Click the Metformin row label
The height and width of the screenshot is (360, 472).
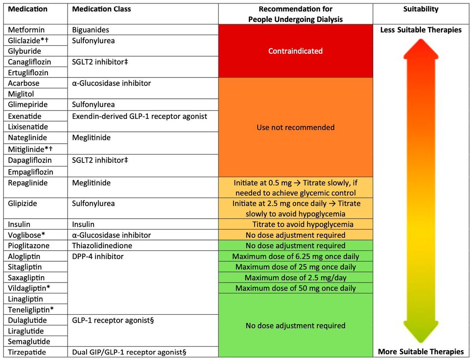(x=26, y=30)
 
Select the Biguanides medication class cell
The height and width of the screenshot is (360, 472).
(x=90, y=30)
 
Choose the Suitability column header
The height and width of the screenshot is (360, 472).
(x=420, y=9)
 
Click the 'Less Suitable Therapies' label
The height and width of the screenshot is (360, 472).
(x=420, y=30)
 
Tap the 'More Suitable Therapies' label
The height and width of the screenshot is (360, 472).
(x=420, y=351)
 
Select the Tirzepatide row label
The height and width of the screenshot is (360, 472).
(x=27, y=352)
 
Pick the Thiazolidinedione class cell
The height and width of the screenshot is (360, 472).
(x=102, y=246)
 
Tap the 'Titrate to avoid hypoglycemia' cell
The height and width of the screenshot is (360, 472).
(x=302, y=225)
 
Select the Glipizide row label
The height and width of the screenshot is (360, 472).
(x=23, y=203)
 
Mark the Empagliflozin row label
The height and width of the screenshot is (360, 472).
(x=30, y=172)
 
